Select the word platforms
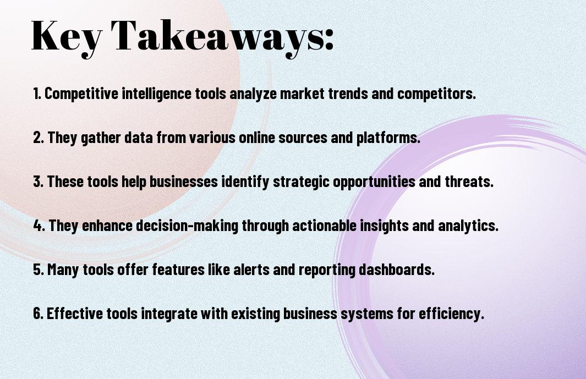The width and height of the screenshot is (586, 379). point(388,138)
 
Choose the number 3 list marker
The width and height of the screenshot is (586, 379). point(38,182)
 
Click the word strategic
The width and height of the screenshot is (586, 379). point(301,183)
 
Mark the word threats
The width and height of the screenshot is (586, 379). point(469,182)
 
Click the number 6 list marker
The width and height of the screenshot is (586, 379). point(38,314)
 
